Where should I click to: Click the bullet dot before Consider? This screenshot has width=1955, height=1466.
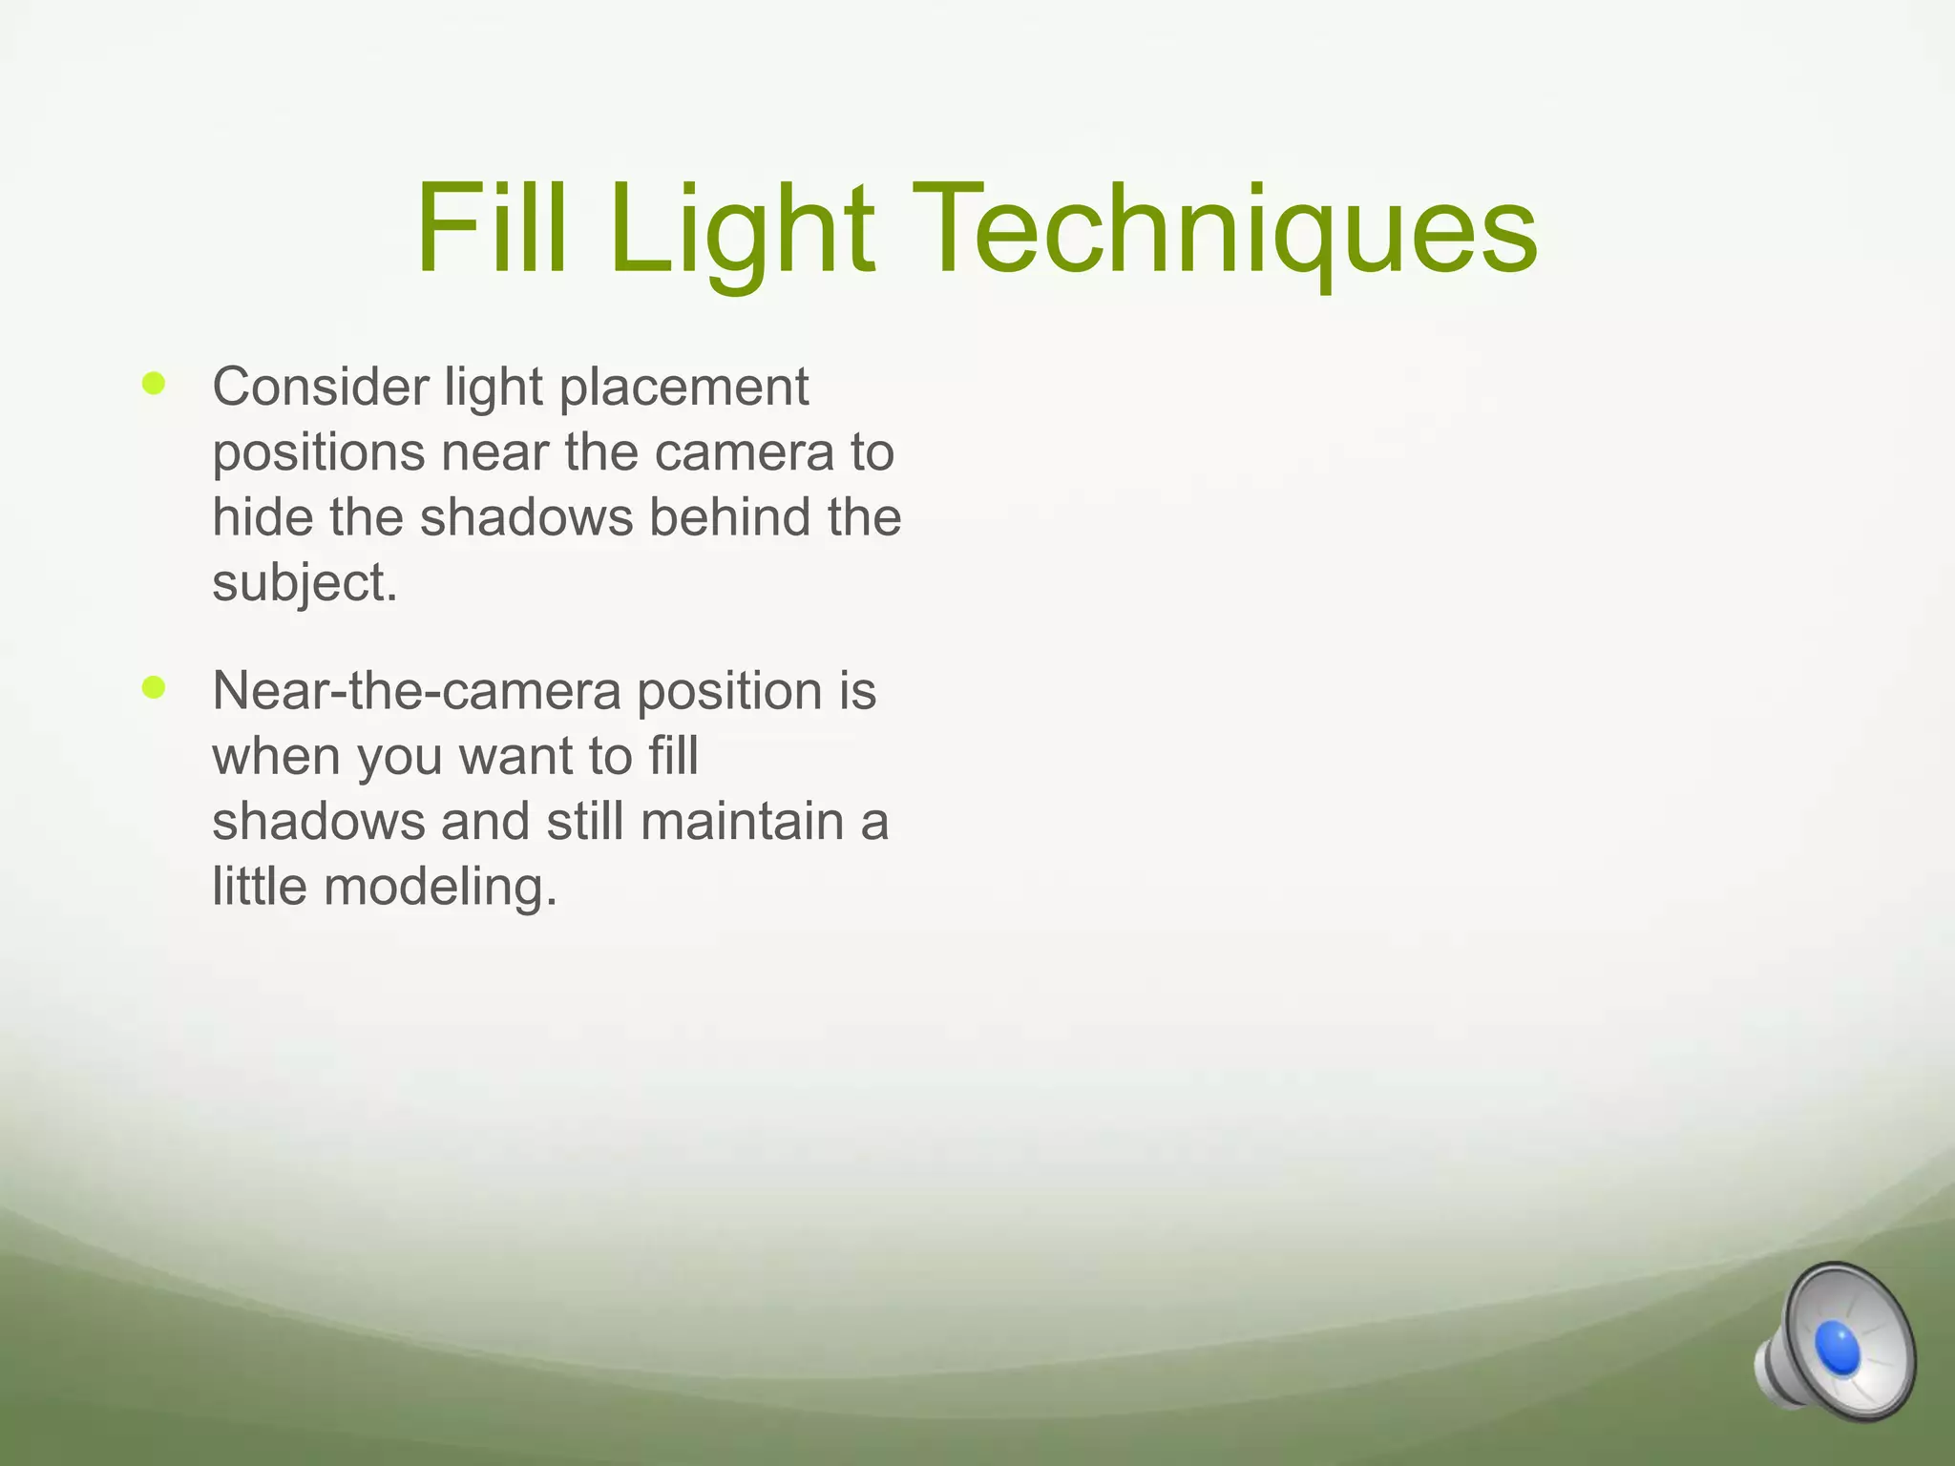[x=153, y=385]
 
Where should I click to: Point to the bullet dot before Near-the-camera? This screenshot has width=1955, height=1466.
[x=153, y=687]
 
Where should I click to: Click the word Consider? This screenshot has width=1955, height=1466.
[x=321, y=387]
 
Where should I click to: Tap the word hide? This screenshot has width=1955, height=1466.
[x=263, y=517]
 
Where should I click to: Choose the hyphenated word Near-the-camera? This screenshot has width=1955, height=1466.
[x=416, y=691]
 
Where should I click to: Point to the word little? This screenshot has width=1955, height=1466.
[x=260, y=886]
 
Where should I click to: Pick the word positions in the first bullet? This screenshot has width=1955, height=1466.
[x=319, y=454]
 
